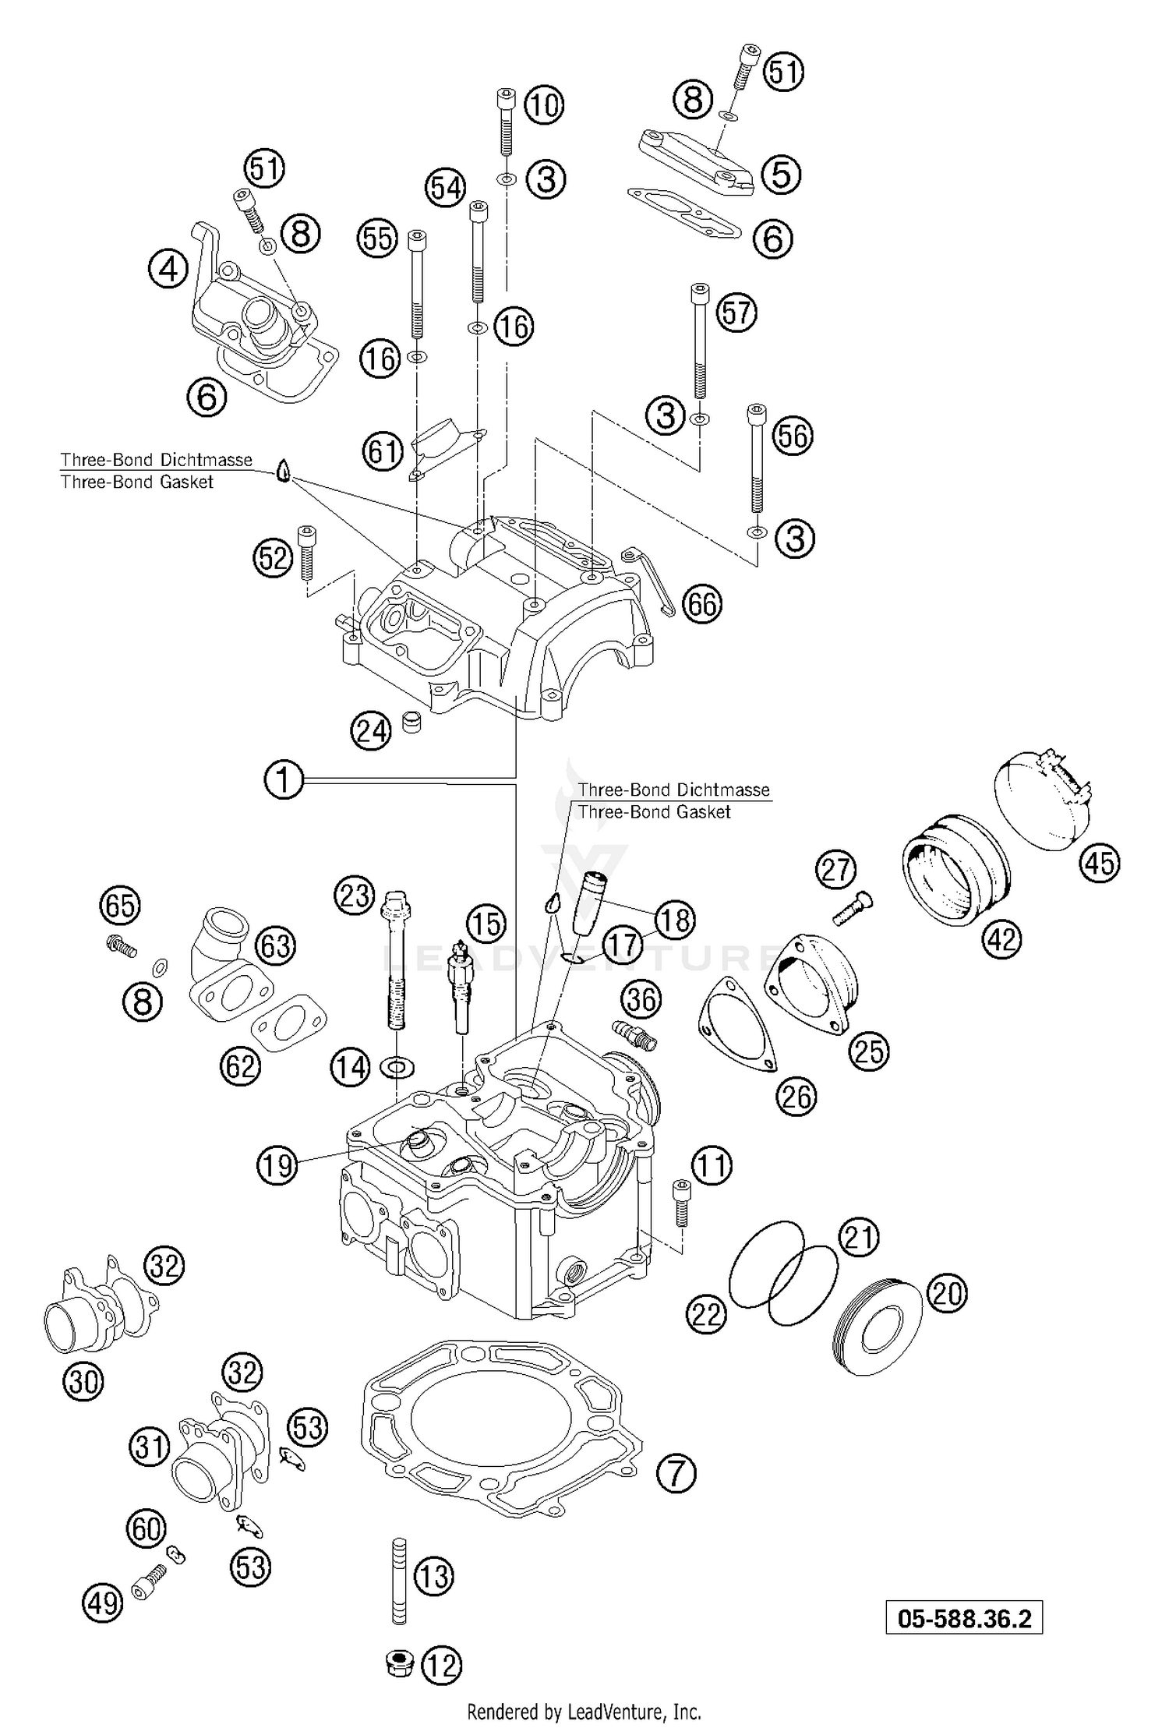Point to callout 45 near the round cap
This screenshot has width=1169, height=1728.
(1100, 864)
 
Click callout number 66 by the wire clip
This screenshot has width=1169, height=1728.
(701, 604)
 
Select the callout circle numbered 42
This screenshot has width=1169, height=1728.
(1002, 940)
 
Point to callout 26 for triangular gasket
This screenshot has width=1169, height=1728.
(796, 1097)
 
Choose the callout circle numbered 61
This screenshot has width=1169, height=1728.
(383, 451)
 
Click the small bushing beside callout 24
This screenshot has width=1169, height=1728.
(411, 721)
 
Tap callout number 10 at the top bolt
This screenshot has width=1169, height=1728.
(544, 104)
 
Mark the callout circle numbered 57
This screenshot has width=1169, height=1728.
(736, 313)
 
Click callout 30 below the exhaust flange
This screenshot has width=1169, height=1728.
(83, 1382)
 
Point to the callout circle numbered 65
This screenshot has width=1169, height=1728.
(119, 906)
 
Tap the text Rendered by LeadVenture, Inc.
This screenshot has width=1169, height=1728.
(584, 1712)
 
